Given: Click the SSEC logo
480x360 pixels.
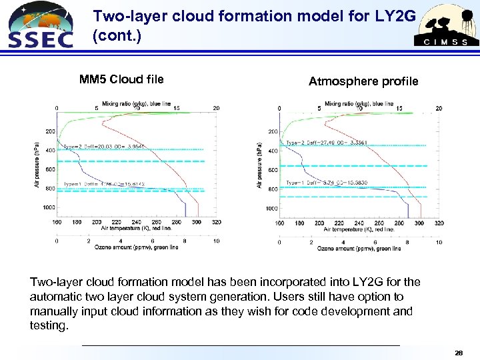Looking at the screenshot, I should [x=39, y=25].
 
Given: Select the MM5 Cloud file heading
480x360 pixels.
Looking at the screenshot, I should [x=121, y=80].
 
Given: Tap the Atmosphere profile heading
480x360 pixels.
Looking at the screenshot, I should [x=363, y=81].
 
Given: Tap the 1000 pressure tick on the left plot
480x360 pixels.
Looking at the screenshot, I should [x=49, y=208].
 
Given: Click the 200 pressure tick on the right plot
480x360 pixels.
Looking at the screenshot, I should [x=273, y=131].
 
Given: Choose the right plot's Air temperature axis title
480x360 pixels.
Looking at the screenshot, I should [x=359, y=229].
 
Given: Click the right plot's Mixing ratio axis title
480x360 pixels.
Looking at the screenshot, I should [x=359, y=103].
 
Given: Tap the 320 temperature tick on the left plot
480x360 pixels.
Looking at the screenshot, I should [x=215, y=222].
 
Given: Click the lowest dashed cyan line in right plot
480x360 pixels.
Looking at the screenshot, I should [x=353, y=197].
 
